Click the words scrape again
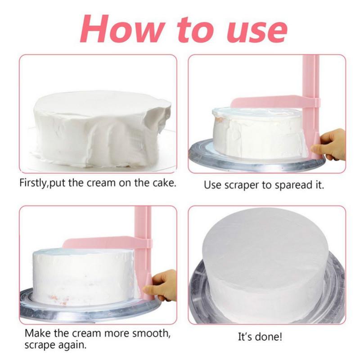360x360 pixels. pos(56,346)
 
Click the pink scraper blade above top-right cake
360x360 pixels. pos(270,102)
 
